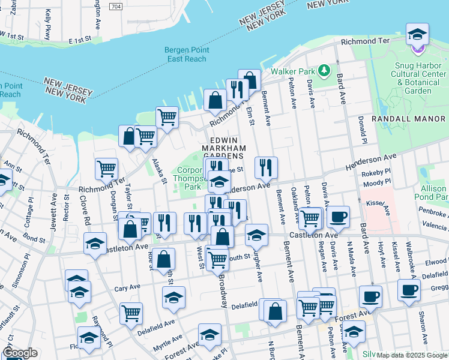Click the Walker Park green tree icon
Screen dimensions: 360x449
pos(324,71)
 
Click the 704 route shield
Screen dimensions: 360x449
pos(117,6)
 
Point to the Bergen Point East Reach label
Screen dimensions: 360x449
pos(187,55)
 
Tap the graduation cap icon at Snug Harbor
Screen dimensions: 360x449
pos(417,35)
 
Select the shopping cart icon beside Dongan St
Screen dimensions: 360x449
pos(106,169)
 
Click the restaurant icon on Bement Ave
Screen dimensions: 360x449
pos(265,167)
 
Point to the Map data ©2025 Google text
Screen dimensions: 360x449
pos(411,355)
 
